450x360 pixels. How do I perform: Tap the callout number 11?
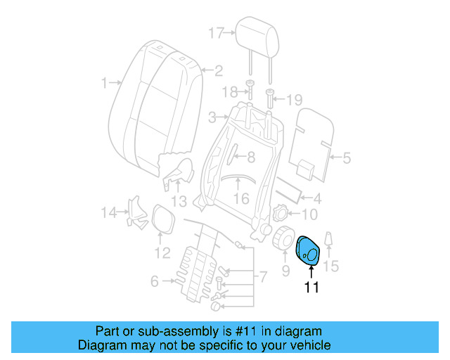click(x=311, y=287)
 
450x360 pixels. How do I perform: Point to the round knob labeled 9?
click(x=283, y=239)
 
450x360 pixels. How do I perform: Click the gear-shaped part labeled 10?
click(x=279, y=212)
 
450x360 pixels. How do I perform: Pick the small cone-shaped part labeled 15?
click(x=329, y=241)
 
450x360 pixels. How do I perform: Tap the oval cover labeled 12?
click(x=163, y=218)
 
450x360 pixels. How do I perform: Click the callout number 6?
click(x=154, y=282)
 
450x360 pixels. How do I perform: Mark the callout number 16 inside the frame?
click(x=241, y=199)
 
